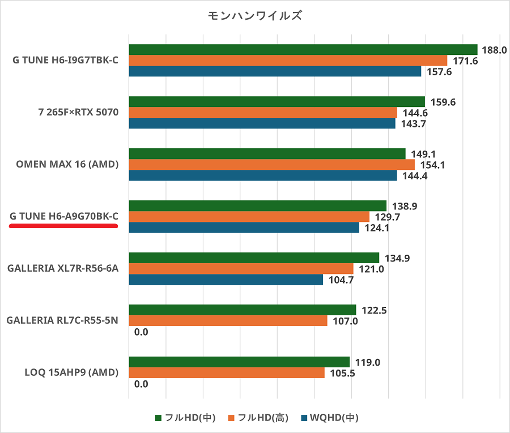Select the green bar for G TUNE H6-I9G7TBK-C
click(303, 50)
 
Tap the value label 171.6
click(464, 61)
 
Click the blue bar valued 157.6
click(275, 71)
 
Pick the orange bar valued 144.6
click(263, 113)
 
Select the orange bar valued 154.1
click(272, 164)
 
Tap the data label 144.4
click(413, 175)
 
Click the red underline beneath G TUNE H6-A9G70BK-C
click(63, 225)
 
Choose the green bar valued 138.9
click(258, 205)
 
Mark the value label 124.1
click(375, 228)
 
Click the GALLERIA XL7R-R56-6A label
click(63, 268)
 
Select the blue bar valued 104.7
click(226, 280)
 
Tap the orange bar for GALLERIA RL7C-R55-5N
click(228, 321)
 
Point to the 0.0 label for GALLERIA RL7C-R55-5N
click(141, 332)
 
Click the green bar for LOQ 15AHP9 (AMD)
click(239, 362)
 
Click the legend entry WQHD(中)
click(329, 418)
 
